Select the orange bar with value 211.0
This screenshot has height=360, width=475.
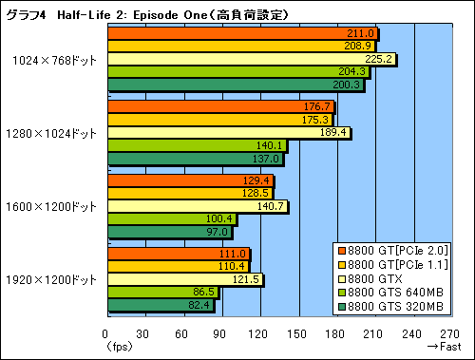coord(242,34)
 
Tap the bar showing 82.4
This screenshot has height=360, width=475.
coord(160,304)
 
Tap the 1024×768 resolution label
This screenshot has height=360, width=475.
coord(54,59)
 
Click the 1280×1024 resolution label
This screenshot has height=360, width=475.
coord(52,133)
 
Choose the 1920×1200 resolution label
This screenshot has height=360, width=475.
coord(52,279)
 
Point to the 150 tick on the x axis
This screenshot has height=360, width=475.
coord(299,333)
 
